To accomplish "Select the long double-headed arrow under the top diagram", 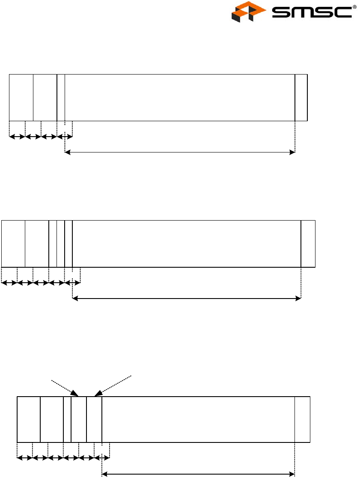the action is (x=180, y=152).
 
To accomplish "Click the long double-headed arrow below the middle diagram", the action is (x=187, y=299).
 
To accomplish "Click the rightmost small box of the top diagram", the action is (x=301, y=98).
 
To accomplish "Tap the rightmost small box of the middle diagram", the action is (x=308, y=244).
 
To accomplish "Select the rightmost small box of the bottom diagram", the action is (x=303, y=419).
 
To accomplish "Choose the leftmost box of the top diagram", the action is (x=21, y=98).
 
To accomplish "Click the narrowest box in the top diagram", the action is (x=61, y=98).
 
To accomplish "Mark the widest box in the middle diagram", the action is (x=187, y=244).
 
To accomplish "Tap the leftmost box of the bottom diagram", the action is (x=29, y=419).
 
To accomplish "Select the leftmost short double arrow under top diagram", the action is (x=17, y=137).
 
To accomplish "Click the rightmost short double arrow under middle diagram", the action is (x=72, y=283).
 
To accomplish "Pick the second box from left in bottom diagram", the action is (x=52, y=419).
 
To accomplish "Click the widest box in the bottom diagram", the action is (x=198, y=419).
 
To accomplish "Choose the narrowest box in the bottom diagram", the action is (x=67, y=419).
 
